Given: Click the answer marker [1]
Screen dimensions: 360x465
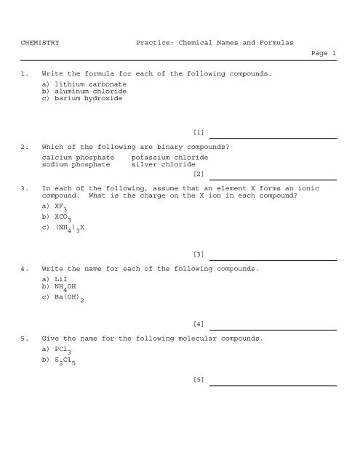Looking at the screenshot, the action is tap(199, 132).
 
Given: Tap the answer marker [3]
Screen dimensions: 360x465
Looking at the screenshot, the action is tap(199, 254).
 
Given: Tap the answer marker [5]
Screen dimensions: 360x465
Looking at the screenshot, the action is tap(199, 380).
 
